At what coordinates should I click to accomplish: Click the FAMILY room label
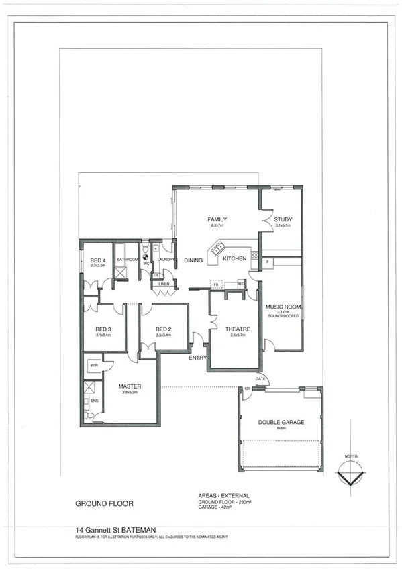pyautogui.click(x=217, y=219)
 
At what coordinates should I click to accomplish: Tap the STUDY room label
pyautogui.click(x=283, y=219)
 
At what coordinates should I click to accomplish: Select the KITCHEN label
pyautogui.click(x=235, y=258)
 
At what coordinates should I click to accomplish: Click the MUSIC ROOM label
pyautogui.click(x=283, y=307)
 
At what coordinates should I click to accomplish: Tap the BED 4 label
pyautogui.click(x=98, y=260)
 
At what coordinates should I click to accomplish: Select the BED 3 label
pyautogui.click(x=103, y=329)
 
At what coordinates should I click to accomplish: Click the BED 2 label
pyautogui.click(x=164, y=329)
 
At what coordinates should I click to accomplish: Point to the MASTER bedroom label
pyautogui.click(x=129, y=386)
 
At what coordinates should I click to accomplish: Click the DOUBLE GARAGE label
pyautogui.click(x=281, y=422)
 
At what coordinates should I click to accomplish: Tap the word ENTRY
pyautogui.click(x=198, y=358)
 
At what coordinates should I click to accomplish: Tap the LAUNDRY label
pyautogui.click(x=166, y=259)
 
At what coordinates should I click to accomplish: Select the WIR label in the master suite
pyautogui.click(x=95, y=366)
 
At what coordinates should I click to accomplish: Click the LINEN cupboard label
pyautogui.click(x=163, y=284)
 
